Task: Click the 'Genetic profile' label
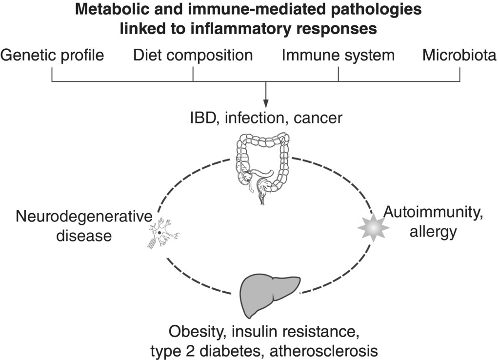point(52,56)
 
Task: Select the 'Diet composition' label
point(193,56)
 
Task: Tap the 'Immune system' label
point(338,56)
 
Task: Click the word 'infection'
point(258,119)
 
